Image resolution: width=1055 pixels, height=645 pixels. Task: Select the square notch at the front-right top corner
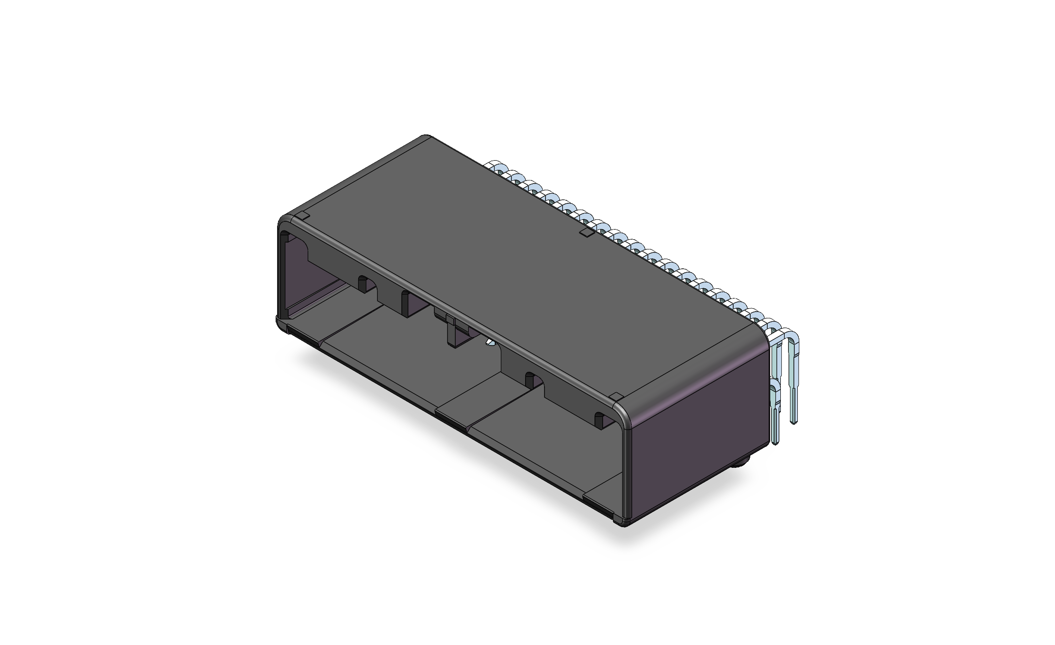pyautogui.click(x=614, y=397)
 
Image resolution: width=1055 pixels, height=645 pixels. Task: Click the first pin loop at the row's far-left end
pyautogui.click(x=496, y=166)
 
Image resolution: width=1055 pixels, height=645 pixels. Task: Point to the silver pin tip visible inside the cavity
pyautogui.click(x=490, y=343)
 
